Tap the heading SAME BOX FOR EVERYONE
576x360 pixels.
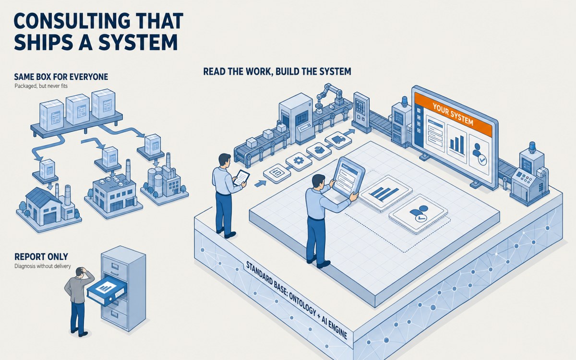pos(61,77)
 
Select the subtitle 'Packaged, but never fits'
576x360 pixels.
pos(41,86)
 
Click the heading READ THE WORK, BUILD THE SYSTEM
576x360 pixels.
pos(277,71)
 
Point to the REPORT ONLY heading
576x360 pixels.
pos(41,256)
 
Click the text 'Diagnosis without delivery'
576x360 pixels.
pos(42,266)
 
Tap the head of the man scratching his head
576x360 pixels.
pos(82,272)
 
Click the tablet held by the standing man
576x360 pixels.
pos(241,177)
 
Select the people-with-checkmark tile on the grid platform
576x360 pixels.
pos(418,214)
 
